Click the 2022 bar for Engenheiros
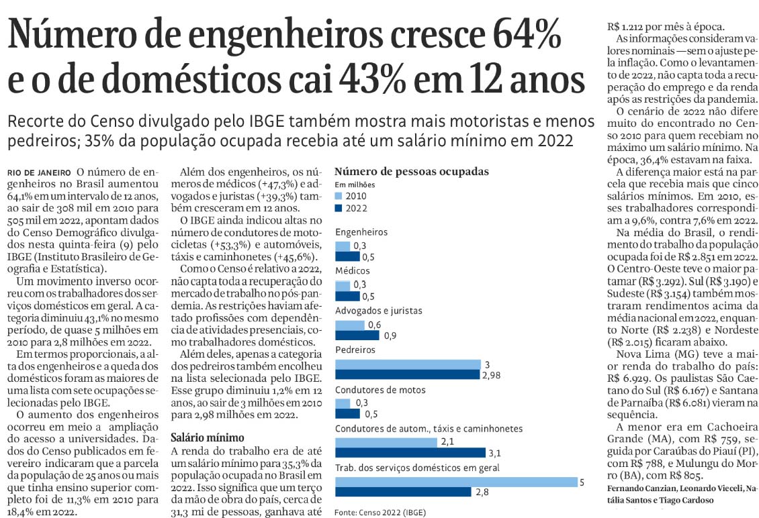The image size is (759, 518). [347, 256]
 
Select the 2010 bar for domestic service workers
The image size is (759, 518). [456, 481]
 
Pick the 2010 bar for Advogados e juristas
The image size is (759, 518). [349, 325]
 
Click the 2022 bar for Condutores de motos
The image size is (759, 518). [347, 413]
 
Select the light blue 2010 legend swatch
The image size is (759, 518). [339, 196]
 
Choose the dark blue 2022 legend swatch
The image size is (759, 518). [339, 208]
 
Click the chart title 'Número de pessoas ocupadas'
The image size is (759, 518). [411, 172]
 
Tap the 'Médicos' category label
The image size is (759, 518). [353, 271]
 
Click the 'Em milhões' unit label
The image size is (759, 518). [355, 184]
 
